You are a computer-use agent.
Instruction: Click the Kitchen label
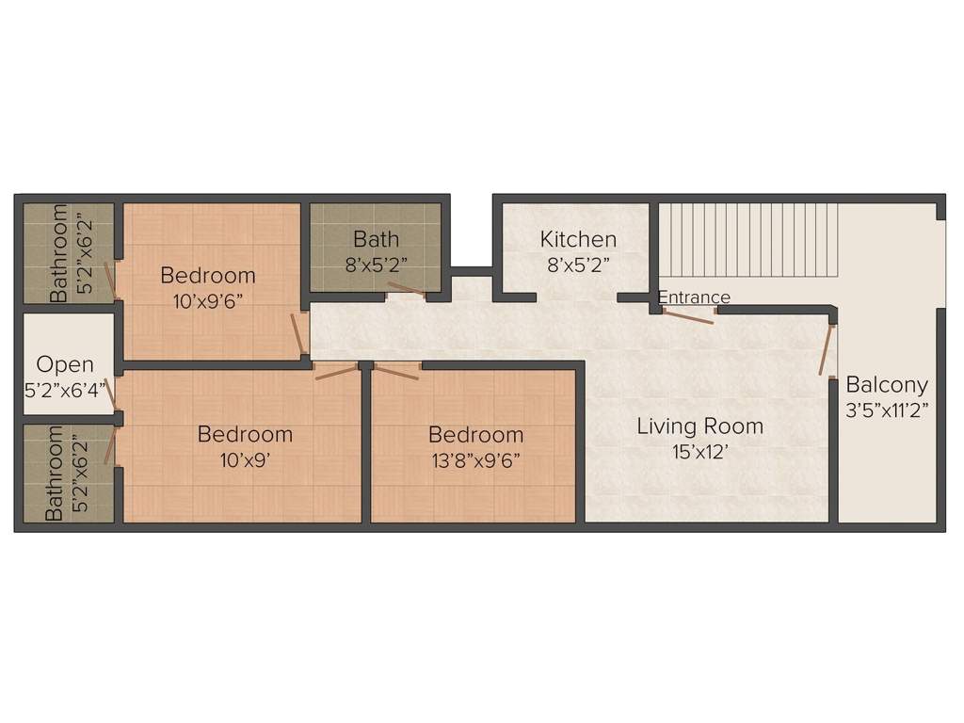(x=578, y=239)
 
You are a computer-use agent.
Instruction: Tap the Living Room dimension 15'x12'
(x=700, y=453)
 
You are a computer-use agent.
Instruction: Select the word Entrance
(x=694, y=297)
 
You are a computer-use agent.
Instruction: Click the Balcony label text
(x=887, y=385)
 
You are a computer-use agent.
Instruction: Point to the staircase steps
(x=748, y=240)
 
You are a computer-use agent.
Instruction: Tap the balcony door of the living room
(x=826, y=349)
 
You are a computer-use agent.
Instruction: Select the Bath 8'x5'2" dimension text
(x=377, y=265)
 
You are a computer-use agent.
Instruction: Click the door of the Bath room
(x=407, y=288)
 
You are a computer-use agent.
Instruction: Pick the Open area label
(x=65, y=364)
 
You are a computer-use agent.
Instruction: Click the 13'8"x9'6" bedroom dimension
(x=475, y=460)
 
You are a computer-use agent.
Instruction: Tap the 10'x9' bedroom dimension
(x=246, y=459)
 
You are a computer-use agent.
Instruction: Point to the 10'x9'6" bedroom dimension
(x=208, y=302)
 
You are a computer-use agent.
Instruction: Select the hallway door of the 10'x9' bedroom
(x=337, y=371)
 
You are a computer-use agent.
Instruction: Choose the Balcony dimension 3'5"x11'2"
(x=887, y=410)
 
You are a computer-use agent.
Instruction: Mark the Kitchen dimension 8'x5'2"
(x=578, y=265)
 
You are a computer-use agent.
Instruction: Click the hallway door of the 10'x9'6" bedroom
(x=297, y=334)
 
